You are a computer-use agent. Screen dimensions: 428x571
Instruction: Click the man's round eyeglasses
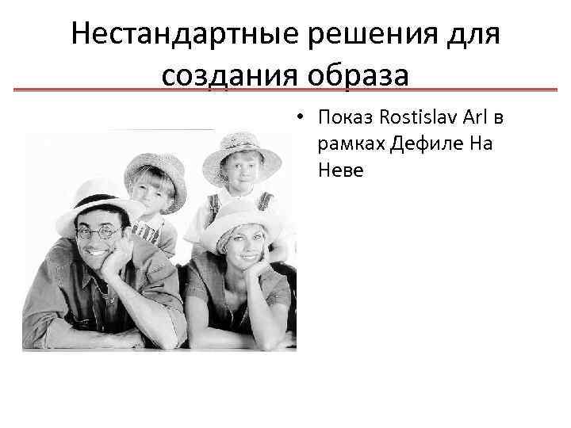[x=101, y=232]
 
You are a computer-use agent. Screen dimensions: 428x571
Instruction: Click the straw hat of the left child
[x=155, y=167]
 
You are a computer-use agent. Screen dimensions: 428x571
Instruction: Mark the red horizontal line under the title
[x=285, y=90]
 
